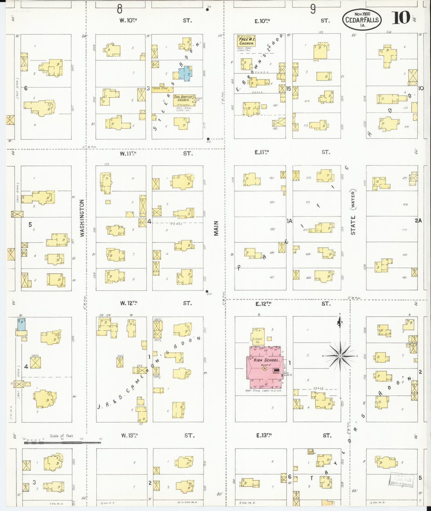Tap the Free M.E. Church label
pyautogui.click(x=247, y=41)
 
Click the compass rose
pyautogui.click(x=340, y=356)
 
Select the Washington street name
pyautogui.click(x=82, y=218)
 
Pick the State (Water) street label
pyautogui.click(x=353, y=212)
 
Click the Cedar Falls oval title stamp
pyautogui.click(x=362, y=20)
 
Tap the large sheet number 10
pyautogui.click(x=401, y=18)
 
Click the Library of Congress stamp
pyautogui.click(x=401, y=480)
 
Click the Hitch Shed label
pyautogui.click(x=161, y=89)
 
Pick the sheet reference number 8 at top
pyautogui.click(x=120, y=9)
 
